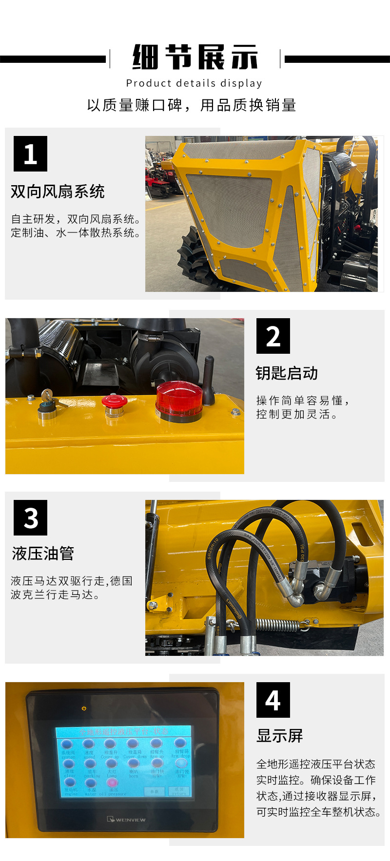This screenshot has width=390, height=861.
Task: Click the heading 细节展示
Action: (195, 57)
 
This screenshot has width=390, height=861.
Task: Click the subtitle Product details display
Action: (194, 83)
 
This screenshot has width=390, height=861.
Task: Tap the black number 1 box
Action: (30, 153)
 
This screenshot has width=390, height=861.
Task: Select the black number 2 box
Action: (273, 336)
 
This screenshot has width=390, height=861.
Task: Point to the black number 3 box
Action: (30, 517)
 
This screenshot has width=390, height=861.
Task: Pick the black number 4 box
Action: (273, 700)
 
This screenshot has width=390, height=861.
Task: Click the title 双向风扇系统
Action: (58, 191)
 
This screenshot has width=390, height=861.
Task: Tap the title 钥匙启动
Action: (287, 373)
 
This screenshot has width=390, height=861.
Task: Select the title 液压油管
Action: (43, 554)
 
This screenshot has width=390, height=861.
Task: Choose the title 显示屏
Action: (280, 736)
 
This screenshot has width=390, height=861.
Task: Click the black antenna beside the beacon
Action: (208, 380)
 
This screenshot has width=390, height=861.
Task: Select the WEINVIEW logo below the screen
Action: (126, 820)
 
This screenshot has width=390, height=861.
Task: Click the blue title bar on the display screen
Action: (124, 731)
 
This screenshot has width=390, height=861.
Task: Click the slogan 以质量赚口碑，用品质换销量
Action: (192, 105)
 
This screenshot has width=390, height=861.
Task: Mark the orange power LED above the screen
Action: (84, 708)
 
